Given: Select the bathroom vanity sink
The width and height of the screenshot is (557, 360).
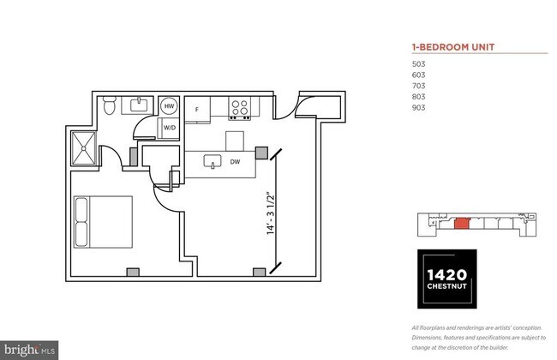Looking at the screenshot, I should click(x=137, y=105).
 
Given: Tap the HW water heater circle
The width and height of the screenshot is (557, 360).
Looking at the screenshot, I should click(x=170, y=106).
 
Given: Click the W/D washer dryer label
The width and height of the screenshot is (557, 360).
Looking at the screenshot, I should click(x=171, y=129).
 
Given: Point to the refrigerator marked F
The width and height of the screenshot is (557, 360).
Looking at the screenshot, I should click(x=197, y=110).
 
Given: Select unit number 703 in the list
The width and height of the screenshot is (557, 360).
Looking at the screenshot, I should click(x=419, y=87).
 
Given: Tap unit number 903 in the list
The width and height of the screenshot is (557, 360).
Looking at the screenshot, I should click(x=419, y=108).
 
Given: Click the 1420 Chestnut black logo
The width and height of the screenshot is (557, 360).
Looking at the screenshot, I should click(x=448, y=279).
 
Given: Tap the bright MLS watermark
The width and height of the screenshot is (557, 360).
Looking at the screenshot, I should click(x=30, y=350).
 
